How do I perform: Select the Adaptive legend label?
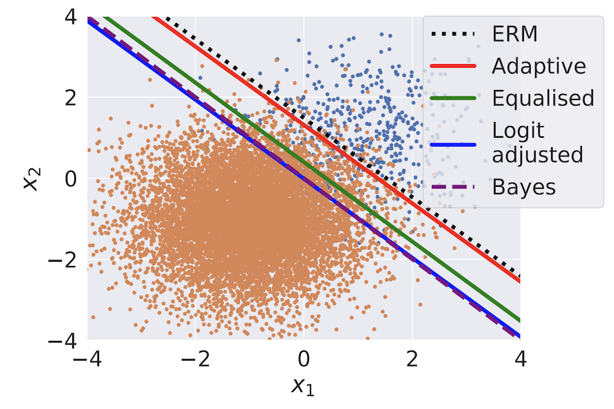coord(539,66)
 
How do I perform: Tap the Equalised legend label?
coord(543,97)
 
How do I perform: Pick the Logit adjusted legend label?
coord(538,141)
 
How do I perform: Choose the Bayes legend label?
coord(524,185)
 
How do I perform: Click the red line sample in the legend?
coord(452,66)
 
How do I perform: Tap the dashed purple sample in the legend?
coord(452,185)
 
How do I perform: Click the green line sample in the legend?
coord(452,97)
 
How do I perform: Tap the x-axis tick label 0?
coord(304,359)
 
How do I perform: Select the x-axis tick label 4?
coord(521,359)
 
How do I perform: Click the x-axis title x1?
coord(304,387)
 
